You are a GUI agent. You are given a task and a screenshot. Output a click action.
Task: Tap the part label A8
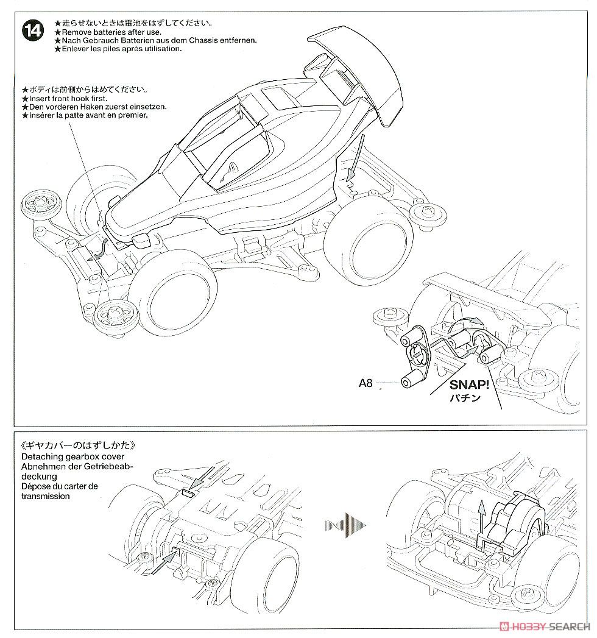tap(365, 383)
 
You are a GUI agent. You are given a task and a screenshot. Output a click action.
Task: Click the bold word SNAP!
tap(471, 385)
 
